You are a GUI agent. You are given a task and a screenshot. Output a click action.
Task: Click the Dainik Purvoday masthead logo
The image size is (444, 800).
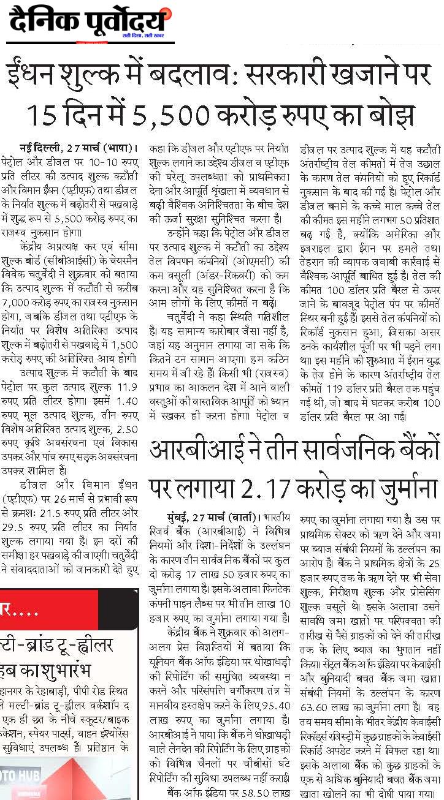click(89, 24)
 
